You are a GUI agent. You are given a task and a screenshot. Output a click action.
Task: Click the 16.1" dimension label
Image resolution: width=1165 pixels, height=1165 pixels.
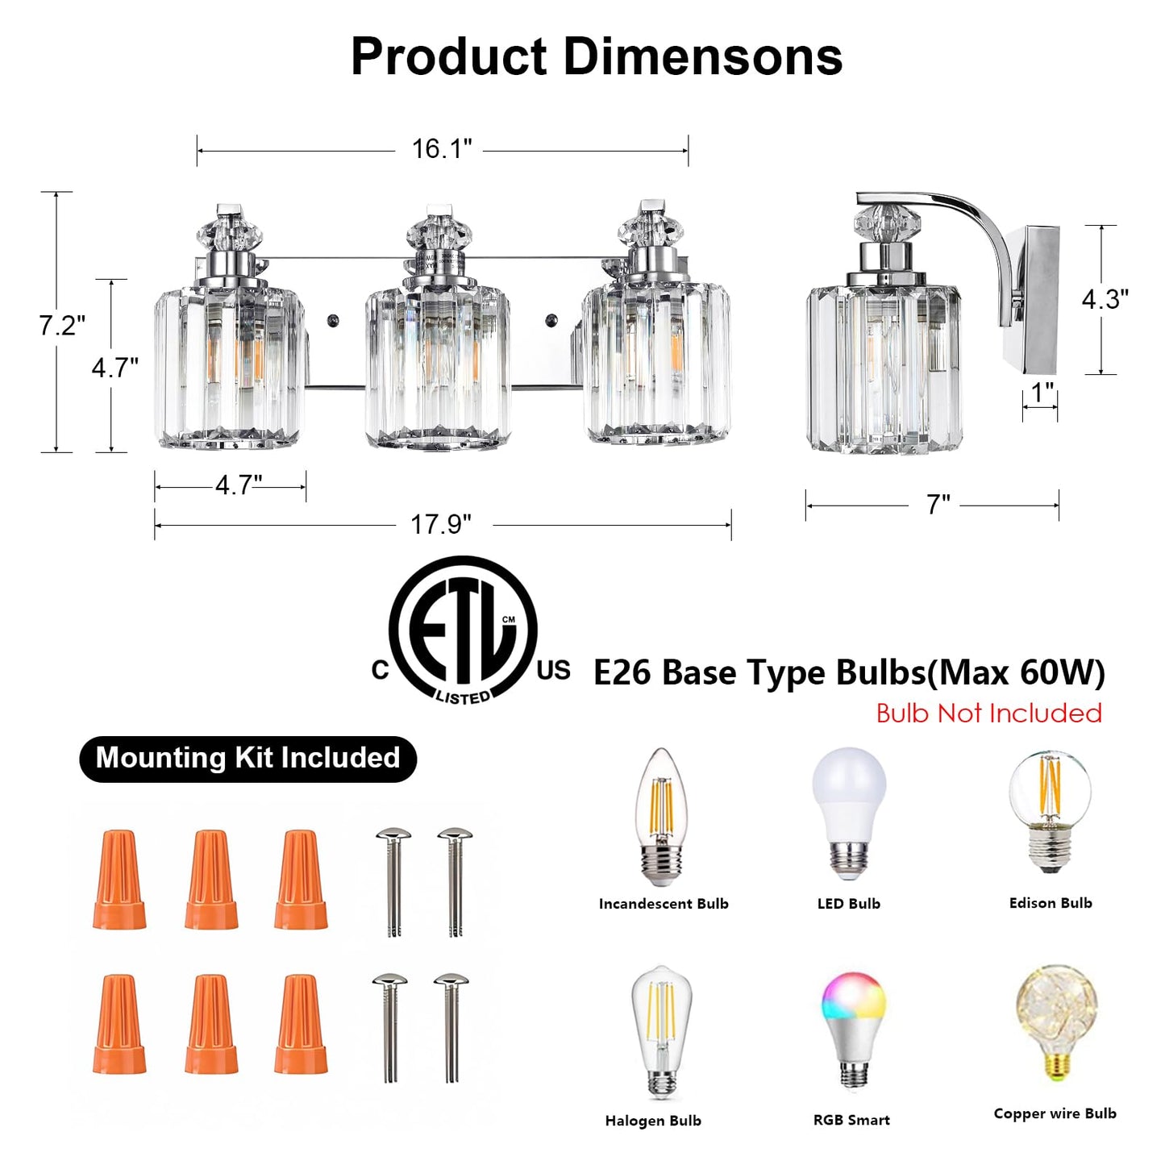click(441, 148)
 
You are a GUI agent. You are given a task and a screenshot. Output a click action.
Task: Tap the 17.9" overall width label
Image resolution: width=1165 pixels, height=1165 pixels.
click(441, 524)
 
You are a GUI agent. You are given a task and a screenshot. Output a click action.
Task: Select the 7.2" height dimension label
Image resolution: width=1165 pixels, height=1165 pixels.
click(62, 325)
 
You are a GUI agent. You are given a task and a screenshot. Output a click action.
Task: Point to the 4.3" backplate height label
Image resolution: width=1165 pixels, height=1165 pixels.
click(1105, 299)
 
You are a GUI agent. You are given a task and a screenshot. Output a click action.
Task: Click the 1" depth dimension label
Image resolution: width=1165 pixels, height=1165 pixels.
click(1042, 393)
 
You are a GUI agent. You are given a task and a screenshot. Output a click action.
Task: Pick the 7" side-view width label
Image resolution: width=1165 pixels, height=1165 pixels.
click(938, 504)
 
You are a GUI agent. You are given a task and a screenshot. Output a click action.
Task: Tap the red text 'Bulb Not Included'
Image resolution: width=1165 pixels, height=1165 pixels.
click(989, 714)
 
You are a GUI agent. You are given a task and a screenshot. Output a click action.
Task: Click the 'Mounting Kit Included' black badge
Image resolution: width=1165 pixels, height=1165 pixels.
click(248, 759)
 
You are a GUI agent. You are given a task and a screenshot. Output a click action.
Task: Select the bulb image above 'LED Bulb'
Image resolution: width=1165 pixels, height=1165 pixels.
click(849, 816)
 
